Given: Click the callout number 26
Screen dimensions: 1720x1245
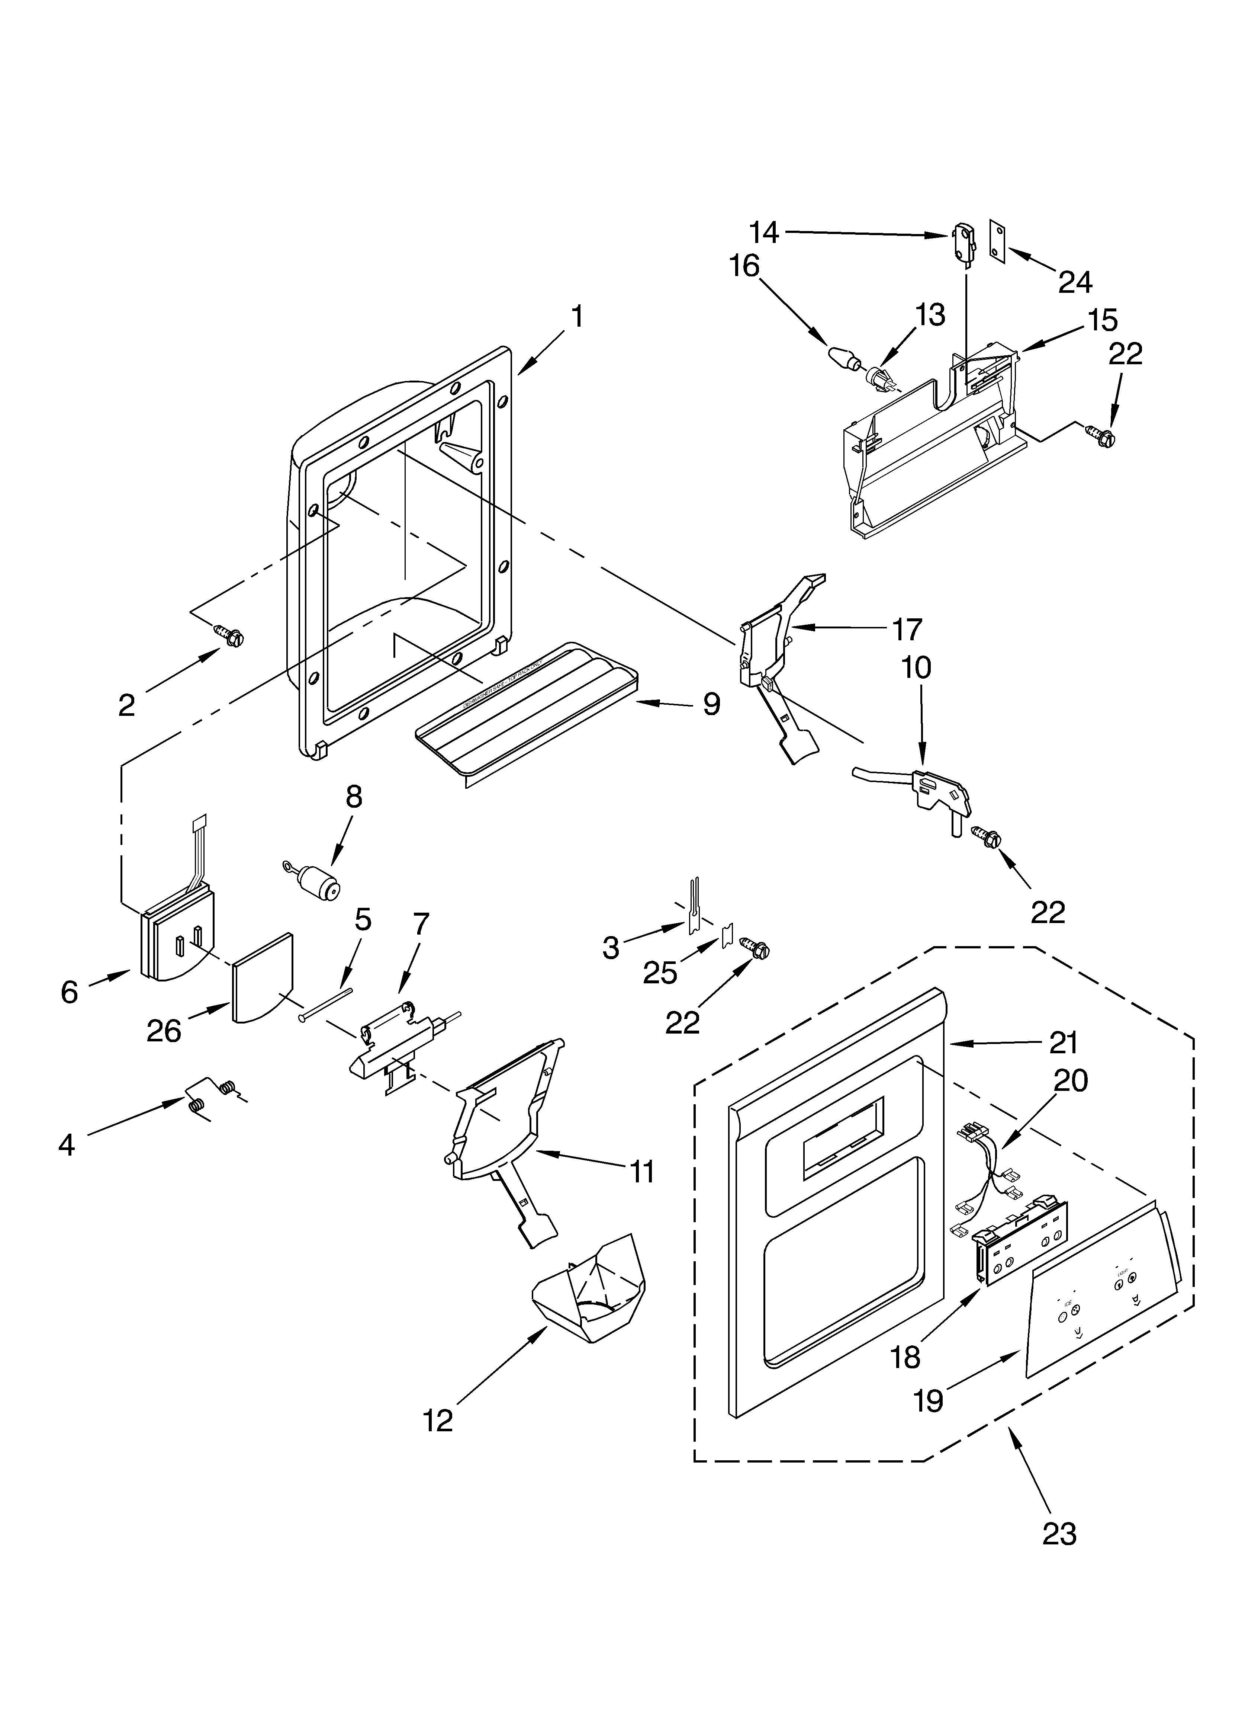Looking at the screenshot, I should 164,1031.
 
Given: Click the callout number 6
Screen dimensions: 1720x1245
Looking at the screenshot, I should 69,991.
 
